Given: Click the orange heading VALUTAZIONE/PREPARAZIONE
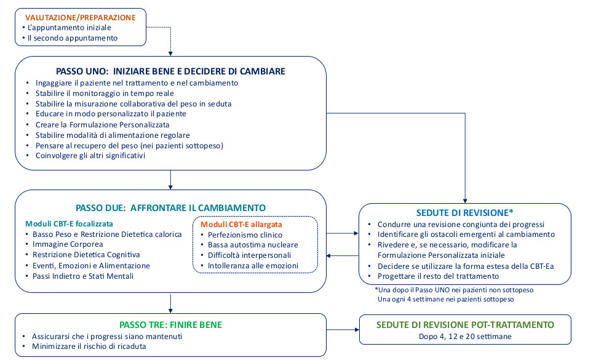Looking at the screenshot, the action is click(80, 17).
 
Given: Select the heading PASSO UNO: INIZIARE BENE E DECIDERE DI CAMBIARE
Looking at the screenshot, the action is click(170, 71).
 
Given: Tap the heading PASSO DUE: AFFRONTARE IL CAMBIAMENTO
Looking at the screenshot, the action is click(170, 208).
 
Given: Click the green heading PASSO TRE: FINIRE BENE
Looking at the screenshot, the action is click(170, 325).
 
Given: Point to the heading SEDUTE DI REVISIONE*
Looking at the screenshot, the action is click(465, 213).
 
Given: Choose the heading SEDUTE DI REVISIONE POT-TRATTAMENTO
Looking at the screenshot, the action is click(465, 325).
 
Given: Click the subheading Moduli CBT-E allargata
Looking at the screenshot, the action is click(241, 224).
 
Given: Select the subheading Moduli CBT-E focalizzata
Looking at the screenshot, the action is click(69, 224).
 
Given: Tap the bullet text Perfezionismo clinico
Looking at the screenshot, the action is click(245, 235).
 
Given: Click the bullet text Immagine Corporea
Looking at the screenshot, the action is click(68, 244).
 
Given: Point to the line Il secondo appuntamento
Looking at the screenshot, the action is click(73, 38).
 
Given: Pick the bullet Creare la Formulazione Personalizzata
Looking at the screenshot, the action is click(103, 125).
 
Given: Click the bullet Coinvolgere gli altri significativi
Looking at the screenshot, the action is click(90, 156).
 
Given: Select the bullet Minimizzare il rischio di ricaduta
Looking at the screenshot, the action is click(89, 346).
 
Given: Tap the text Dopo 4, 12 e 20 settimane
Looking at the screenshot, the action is click(465, 337).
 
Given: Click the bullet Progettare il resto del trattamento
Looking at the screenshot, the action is click(439, 276).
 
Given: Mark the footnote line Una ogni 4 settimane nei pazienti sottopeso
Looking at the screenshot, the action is click(446, 300).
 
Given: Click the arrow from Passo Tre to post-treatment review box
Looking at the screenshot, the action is click(343, 330).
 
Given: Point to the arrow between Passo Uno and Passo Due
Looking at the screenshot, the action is click(170, 180).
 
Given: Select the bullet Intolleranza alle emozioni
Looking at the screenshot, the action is click(253, 266).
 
